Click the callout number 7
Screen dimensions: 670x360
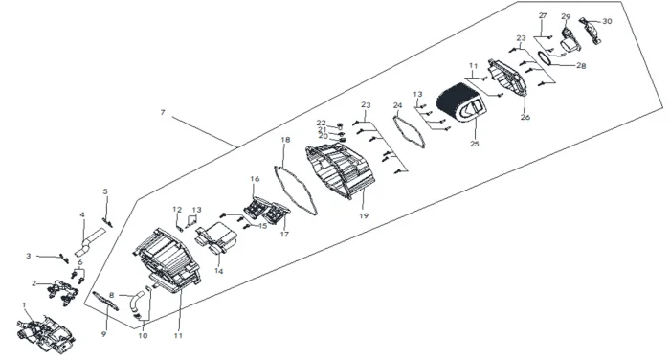163,112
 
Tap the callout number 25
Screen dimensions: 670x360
475,144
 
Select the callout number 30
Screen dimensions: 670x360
607,21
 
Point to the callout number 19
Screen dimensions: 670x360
364,216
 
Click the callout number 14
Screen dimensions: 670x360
219,271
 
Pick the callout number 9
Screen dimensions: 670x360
103,334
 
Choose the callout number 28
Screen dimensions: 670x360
581,66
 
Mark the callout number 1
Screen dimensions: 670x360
24,305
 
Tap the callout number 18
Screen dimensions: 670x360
286,140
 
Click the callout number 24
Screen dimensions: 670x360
398,105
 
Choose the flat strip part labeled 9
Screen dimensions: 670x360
104,301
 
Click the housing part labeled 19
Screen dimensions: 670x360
341,170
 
